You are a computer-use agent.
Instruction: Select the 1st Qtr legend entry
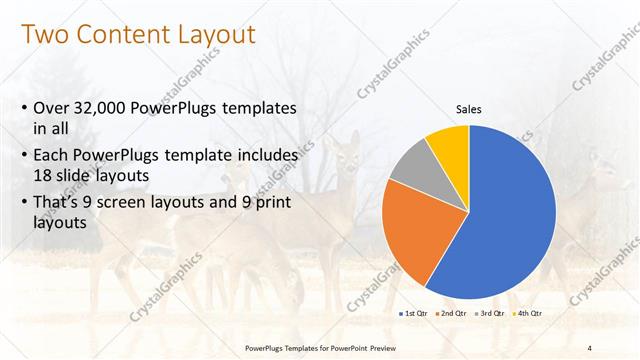(x=414, y=314)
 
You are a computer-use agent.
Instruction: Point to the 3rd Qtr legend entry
(x=490, y=314)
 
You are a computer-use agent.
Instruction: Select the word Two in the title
(x=45, y=36)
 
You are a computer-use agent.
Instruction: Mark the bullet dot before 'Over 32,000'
(x=24, y=108)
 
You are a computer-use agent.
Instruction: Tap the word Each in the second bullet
(x=53, y=155)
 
